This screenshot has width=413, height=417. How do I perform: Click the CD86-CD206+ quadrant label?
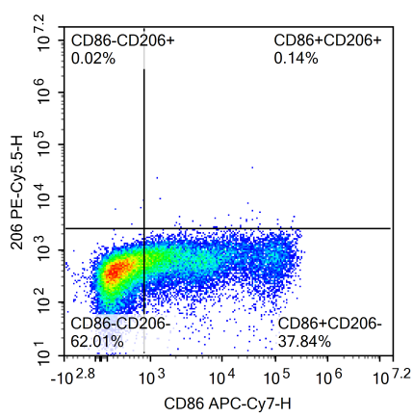(x=123, y=40)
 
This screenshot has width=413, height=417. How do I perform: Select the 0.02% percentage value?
(x=93, y=58)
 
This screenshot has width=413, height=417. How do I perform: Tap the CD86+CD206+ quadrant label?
(x=328, y=40)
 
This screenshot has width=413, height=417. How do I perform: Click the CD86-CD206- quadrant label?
(x=120, y=324)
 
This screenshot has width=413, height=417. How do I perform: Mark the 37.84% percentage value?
(x=304, y=340)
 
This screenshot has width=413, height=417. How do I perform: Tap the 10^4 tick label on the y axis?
(x=43, y=199)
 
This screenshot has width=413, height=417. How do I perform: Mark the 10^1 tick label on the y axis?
(x=43, y=356)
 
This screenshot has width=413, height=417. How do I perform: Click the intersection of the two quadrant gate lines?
(x=143, y=228)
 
